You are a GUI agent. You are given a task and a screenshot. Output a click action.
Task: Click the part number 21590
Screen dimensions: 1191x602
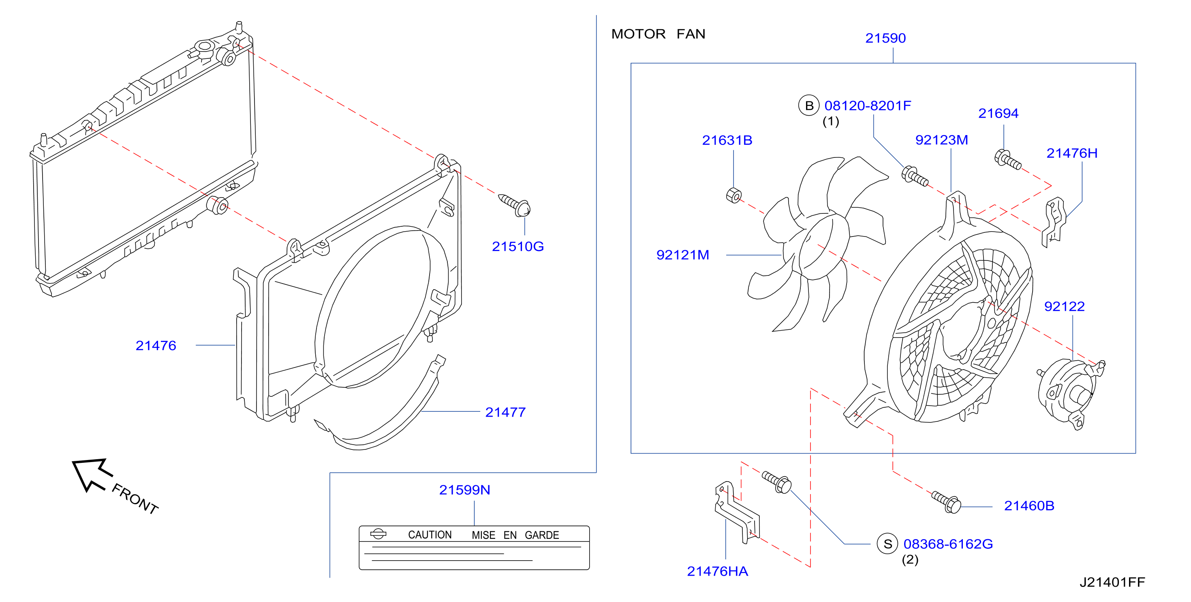[x=885, y=38]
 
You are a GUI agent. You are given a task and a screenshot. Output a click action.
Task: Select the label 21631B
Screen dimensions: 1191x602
[x=727, y=140]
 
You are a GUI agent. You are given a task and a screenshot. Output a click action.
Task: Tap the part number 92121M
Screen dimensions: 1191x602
[x=682, y=255]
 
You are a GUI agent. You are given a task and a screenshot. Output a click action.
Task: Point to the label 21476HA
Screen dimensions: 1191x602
[x=717, y=572]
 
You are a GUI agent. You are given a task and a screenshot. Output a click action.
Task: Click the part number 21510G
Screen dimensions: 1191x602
[x=517, y=247]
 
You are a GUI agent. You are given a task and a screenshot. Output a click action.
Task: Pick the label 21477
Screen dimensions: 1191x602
[x=505, y=412]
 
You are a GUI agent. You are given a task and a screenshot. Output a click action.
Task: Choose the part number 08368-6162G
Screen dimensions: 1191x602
[x=948, y=544]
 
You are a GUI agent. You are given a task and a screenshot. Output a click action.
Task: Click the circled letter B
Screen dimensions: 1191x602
[x=808, y=105]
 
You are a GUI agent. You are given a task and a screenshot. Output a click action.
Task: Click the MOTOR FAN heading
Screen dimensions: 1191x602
[x=658, y=34]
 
